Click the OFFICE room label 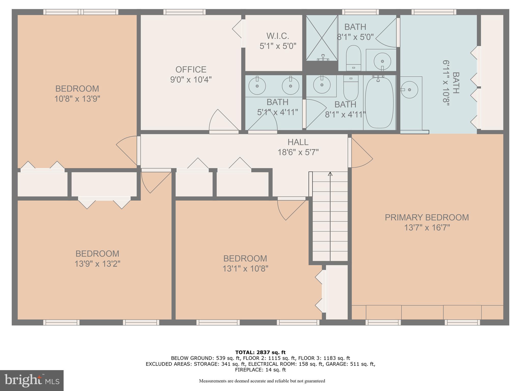(191, 69)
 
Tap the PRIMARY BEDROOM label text (427, 217)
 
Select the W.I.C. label (278, 36)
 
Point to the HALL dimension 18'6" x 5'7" (298, 152)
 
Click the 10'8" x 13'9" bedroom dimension (77, 99)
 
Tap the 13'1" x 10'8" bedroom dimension (245, 269)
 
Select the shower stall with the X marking (322, 38)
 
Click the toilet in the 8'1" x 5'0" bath (354, 58)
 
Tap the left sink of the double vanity (257, 86)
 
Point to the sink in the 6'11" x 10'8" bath (409, 90)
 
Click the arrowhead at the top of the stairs (330, 174)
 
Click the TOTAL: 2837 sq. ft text (260, 353)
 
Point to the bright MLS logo (32, 381)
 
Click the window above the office (184, 12)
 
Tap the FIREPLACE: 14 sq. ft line (260, 370)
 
